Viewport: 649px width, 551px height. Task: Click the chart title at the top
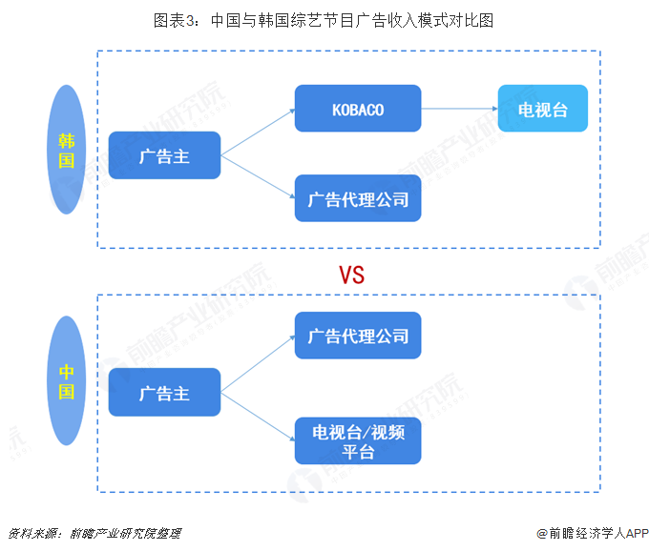pyautogui.click(x=324, y=19)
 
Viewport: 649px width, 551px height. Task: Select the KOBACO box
pyautogui.click(x=358, y=110)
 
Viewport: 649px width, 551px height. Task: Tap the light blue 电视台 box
pyautogui.click(x=542, y=110)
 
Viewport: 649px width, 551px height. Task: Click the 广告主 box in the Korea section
pyautogui.click(x=164, y=155)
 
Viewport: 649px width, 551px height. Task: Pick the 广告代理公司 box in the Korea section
pyautogui.click(x=358, y=198)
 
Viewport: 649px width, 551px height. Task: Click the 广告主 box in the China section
pyautogui.click(x=164, y=392)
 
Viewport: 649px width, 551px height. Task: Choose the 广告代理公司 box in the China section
pyautogui.click(x=358, y=336)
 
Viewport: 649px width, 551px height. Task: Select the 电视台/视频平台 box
pyautogui.click(x=358, y=441)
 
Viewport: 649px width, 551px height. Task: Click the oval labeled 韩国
pyautogui.click(x=66, y=150)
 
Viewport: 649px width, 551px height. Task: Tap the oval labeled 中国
pyautogui.click(x=66, y=381)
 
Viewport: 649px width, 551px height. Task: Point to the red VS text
pyautogui.click(x=351, y=275)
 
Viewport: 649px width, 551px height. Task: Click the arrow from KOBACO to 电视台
pyautogui.click(x=458, y=109)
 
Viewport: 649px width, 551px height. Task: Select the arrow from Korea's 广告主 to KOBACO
pyautogui.click(x=258, y=133)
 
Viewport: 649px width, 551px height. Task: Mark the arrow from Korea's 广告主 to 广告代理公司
pyautogui.click(x=258, y=177)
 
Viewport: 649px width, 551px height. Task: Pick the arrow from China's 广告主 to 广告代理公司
pyautogui.click(x=258, y=364)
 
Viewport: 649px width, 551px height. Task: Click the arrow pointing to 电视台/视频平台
pyautogui.click(x=258, y=417)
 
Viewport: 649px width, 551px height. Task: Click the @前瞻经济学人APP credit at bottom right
pyautogui.click(x=592, y=533)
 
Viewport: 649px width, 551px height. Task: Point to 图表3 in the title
pyautogui.click(x=174, y=19)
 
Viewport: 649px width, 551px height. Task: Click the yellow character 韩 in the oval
pyautogui.click(x=66, y=139)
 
